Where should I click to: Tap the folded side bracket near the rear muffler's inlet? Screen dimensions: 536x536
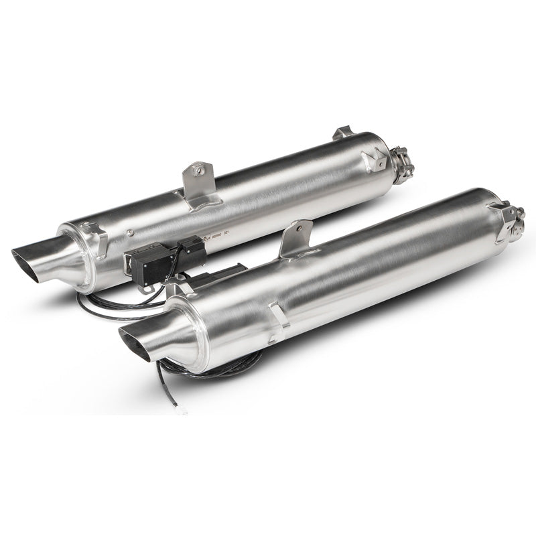click(373, 159)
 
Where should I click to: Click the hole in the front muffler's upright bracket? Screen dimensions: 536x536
click(299, 230)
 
